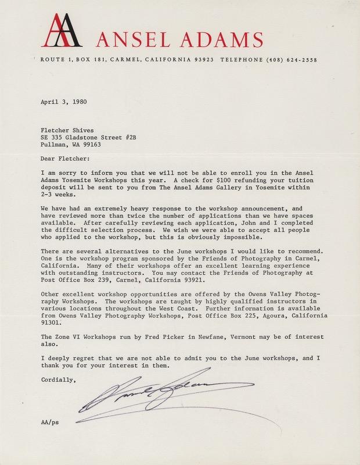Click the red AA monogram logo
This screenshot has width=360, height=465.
[x=60, y=31]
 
